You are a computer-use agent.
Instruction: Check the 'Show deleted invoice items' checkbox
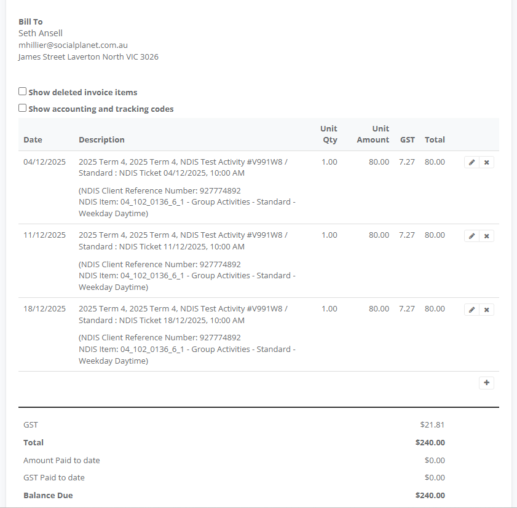(x=23, y=92)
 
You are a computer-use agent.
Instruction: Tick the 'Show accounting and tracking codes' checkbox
(x=23, y=108)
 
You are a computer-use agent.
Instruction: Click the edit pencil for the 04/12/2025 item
(x=472, y=163)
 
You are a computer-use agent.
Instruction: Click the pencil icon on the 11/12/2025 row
(x=472, y=236)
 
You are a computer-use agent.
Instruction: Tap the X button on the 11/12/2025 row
(x=486, y=236)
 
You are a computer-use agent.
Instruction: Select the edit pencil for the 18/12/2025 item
(x=472, y=310)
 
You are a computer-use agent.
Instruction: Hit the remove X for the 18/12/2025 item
(x=486, y=310)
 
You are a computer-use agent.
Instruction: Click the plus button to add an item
(x=486, y=383)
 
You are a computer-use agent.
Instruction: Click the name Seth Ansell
(x=41, y=33)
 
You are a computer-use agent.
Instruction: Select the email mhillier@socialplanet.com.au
(x=73, y=45)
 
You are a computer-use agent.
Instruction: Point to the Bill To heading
(x=31, y=21)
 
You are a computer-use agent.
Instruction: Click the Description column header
(x=101, y=139)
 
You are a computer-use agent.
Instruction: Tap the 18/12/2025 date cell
(x=44, y=308)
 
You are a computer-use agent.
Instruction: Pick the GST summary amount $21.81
(x=432, y=424)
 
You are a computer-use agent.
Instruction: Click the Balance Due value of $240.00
(x=430, y=495)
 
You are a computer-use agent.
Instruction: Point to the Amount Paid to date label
(x=61, y=460)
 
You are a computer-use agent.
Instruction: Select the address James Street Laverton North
(x=88, y=57)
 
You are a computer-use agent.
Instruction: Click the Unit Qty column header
(x=329, y=134)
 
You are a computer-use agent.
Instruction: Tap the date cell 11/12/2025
(x=44, y=235)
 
